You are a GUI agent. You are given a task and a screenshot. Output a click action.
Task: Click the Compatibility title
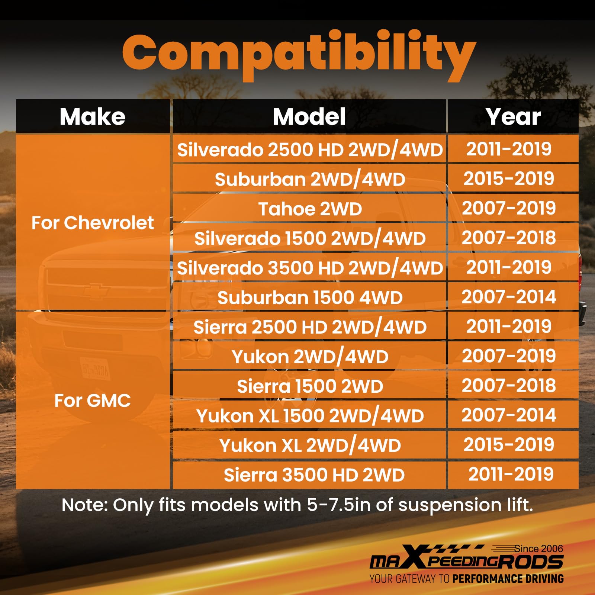click(x=299, y=56)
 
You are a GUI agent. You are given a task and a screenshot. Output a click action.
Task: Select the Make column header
click(x=93, y=117)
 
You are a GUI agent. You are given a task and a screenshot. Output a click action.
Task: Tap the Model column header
click(x=309, y=117)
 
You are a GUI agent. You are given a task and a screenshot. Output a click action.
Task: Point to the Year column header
click(x=513, y=117)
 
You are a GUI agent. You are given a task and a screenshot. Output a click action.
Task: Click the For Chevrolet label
click(x=93, y=223)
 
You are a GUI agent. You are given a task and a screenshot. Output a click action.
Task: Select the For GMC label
click(x=93, y=401)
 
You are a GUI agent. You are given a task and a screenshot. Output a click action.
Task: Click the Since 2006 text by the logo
click(x=538, y=549)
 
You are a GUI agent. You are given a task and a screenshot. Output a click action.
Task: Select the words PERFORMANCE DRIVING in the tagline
click(x=508, y=579)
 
